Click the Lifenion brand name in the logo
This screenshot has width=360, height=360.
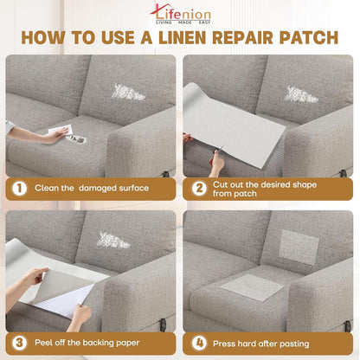pyautogui.click(x=184, y=11)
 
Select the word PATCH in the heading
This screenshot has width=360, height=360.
pyautogui.click(x=308, y=39)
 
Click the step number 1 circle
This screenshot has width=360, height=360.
pyautogui.click(x=18, y=188)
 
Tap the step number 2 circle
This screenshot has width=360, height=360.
pyautogui.click(x=198, y=188)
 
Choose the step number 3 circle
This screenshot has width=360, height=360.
pyautogui.click(x=18, y=341)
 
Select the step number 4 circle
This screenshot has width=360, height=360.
pyautogui.click(x=198, y=341)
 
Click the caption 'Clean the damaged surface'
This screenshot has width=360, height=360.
pyautogui.click(x=91, y=188)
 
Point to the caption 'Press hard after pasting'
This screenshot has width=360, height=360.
pyautogui.click(x=268, y=341)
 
